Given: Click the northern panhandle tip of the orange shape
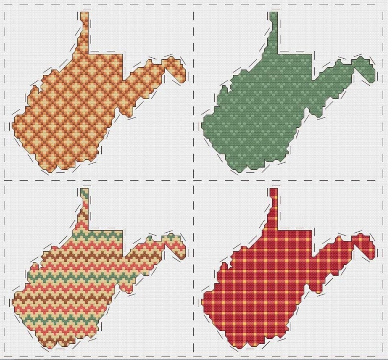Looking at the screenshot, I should (x=84, y=14).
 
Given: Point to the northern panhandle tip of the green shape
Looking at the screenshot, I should (x=274, y=14).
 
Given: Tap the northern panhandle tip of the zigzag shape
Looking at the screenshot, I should (x=84, y=191).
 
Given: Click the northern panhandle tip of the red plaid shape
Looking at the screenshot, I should (x=274, y=191).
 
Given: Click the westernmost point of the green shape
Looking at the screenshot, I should (x=203, y=126).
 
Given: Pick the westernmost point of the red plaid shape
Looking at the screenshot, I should (x=203, y=302).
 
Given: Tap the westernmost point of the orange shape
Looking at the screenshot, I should (x=14, y=126).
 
